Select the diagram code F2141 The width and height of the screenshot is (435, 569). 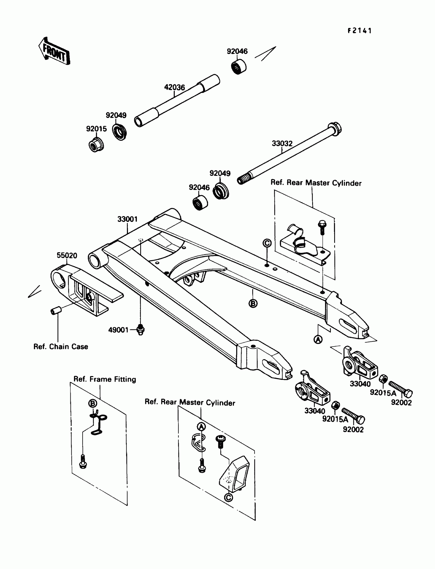click(360, 31)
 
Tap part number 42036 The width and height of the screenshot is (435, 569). click(175, 87)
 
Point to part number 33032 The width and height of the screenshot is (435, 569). click(282, 144)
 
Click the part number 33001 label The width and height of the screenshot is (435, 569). click(127, 219)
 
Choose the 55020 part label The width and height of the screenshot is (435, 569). click(67, 255)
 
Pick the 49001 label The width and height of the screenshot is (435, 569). click(118, 330)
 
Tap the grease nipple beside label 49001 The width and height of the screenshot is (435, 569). click(140, 329)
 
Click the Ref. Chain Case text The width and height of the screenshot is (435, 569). click(61, 347)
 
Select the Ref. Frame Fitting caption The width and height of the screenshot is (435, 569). click(105, 379)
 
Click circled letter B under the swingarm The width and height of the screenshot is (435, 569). click(253, 303)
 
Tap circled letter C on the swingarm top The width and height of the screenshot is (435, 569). click(267, 243)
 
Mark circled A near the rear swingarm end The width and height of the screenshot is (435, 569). click(318, 339)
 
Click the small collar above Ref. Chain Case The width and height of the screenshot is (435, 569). click(56, 310)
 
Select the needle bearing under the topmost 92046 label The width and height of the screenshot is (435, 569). click(239, 67)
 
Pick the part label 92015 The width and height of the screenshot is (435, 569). click(96, 129)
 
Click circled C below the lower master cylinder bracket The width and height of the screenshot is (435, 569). click(228, 497)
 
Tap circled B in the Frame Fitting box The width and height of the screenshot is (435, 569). click(92, 403)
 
